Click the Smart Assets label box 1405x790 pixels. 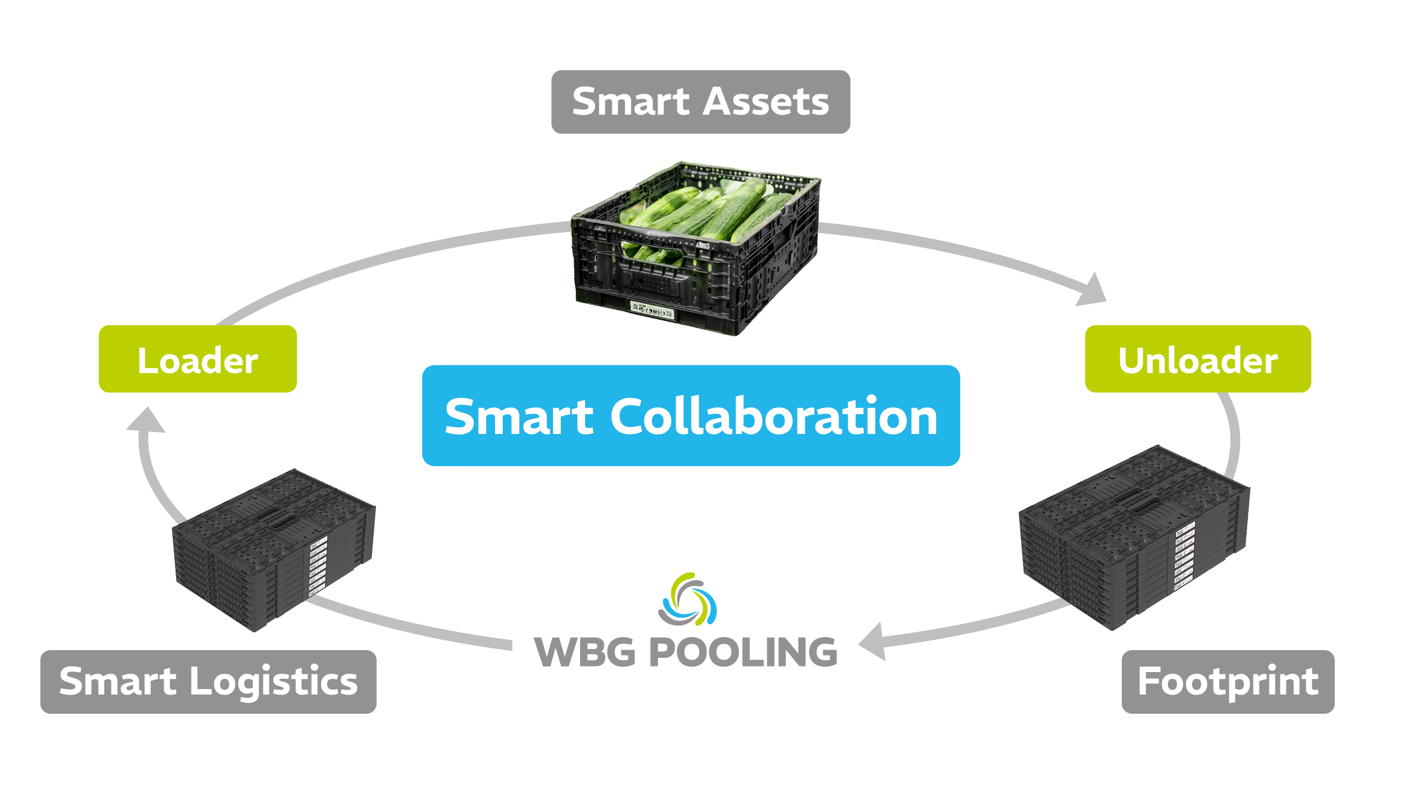pos(700,102)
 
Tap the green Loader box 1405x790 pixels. pos(198,359)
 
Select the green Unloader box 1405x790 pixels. pos(1198,359)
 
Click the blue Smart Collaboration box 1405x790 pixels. pos(690,416)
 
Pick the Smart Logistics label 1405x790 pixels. pos(208,681)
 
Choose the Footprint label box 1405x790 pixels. pos(1228,681)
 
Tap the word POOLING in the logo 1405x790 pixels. pos(744,653)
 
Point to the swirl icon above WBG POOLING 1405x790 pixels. pos(688,599)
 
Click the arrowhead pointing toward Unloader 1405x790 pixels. pos(1092,291)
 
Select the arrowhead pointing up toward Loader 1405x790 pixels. pos(146,421)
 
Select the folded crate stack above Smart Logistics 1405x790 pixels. pos(274,549)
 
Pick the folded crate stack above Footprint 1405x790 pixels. pos(1133,538)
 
